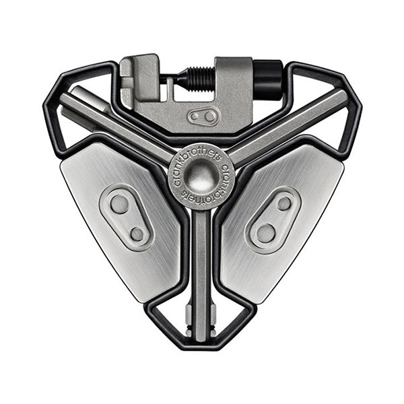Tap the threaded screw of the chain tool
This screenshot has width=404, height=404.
click(200, 78)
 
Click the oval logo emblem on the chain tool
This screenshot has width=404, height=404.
click(203, 116)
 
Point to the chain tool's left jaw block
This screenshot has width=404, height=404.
click(139, 74)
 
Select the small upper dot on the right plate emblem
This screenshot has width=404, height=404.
click(285, 203)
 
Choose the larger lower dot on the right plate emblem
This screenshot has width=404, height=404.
click(266, 234)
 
